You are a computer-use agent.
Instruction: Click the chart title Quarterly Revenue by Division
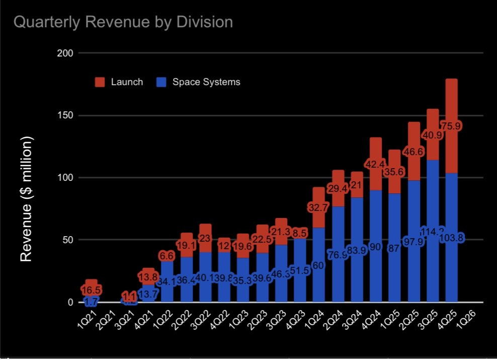click(x=123, y=22)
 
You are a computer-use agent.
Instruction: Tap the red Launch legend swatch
click(x=100, y=82)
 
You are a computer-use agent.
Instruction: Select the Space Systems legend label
click(x=206, y=82)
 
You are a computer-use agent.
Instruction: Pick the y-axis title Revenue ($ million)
click(x=26, y=199)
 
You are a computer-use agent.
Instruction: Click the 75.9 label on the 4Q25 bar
click(x=452, y=126)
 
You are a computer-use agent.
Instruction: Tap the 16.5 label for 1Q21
click(x=91, y=290)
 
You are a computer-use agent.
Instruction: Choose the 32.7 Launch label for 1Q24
click(x=319, y=206)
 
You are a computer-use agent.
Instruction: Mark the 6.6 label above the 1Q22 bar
click(x=167, y=256)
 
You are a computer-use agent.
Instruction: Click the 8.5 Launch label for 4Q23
click(x=300, y=232)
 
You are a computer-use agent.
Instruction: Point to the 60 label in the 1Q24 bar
click(x=318, y=265)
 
